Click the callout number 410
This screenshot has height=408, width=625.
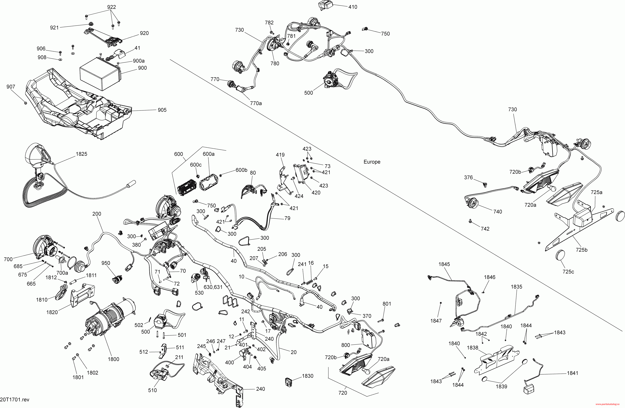coord(353,7)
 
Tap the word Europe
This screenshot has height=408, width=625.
coord(372,162)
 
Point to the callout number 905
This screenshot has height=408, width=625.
coord(162,110)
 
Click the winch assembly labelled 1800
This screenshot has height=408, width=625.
coord(110,323)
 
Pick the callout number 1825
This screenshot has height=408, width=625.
coord(81,154)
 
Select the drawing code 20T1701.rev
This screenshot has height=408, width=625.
coord(15,400)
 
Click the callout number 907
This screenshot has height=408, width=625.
coord(11,87)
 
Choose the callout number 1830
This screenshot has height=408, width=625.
coord(308,376)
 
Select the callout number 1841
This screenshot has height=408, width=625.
coord(572,373)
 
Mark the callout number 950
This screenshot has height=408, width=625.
coord(106,263)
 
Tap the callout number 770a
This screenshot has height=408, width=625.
coord(256,103)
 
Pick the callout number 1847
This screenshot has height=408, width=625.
coord(436,321)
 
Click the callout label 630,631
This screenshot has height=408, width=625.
coord(213,287)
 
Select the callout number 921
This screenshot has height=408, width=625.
coord(54,28)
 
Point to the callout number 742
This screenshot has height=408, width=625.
coord(485,229)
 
